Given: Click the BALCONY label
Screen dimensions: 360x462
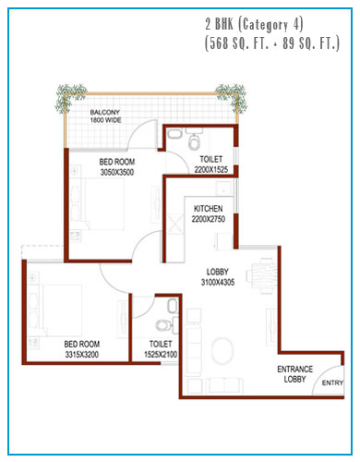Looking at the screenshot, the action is point(104,112).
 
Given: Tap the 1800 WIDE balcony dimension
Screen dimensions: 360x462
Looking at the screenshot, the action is point(105,120).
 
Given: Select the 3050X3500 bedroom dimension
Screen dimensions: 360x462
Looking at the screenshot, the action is point(117,172).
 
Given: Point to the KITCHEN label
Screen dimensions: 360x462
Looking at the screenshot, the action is point(209,209).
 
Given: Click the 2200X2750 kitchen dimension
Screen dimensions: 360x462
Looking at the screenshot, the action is point(209,219).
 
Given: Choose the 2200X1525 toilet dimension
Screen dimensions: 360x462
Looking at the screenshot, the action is point(211,169).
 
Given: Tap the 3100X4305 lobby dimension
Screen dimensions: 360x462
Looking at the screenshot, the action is point(218,282).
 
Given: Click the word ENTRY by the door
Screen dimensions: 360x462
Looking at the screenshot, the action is point(332,383).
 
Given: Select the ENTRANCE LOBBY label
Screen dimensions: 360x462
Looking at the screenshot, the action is point(294,374).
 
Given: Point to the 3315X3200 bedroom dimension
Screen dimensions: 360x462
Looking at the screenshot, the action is point(82,355).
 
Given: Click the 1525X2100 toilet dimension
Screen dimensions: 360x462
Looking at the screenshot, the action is point(161,355).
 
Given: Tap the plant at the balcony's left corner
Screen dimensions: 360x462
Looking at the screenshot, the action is point(70,96).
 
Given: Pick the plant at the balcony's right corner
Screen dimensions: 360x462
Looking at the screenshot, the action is point(233,96).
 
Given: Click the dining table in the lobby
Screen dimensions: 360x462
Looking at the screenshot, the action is point(262,276).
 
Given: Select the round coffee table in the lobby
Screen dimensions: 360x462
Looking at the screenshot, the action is point(222,351).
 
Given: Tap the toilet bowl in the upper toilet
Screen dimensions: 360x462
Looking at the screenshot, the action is point(194,141).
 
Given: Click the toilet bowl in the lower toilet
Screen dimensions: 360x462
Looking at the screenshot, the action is point(163,325).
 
